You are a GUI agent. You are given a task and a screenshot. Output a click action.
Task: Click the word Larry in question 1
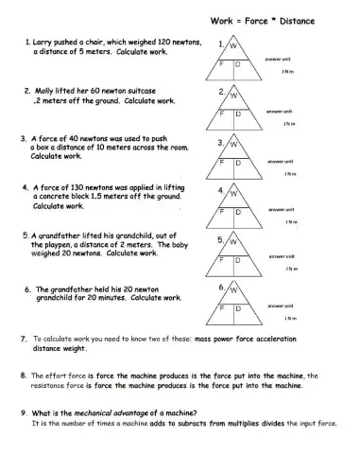(x=45, y=43)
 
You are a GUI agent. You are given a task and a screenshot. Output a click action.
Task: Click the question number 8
(x=22, y=375)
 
